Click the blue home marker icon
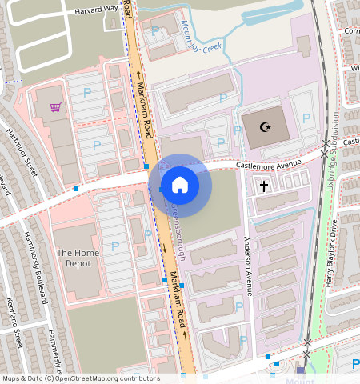[x=180, y=186]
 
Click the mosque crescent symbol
[x=267, y=126]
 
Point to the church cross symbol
[x=265, y=186]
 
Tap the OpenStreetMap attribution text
[x=80, y=378]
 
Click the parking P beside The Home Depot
[x=114, y=245]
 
